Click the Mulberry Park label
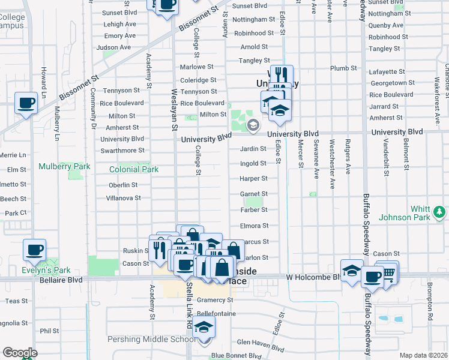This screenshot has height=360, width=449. (x=64, y=166)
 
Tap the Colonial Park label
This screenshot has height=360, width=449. (x=134, y=169)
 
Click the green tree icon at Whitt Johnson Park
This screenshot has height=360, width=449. (x=439, y=212)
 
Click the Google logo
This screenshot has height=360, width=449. (x=20, y=353)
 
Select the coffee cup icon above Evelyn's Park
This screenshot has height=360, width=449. (x=34, y=249)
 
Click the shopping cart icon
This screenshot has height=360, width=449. (x=388, y=272)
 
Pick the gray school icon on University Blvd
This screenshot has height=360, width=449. (x=253, y=125)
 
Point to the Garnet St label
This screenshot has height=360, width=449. (x=253, y=194)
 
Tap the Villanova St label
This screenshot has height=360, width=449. (x=123, y=197)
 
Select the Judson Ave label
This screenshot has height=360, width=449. (x=113, y=47)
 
